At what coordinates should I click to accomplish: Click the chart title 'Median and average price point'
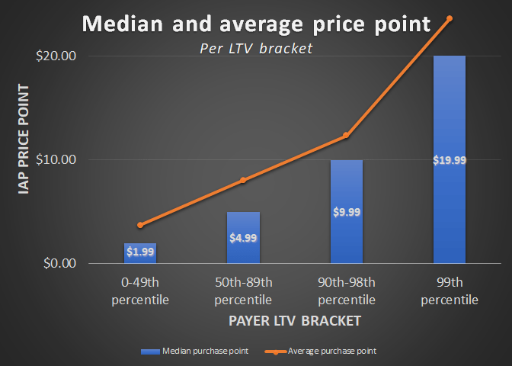256,24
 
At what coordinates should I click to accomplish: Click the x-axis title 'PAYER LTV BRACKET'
294,321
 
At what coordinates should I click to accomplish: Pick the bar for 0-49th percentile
140,254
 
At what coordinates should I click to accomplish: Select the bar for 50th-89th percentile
243,238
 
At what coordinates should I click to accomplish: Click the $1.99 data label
140,252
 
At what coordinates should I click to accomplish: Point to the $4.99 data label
243,237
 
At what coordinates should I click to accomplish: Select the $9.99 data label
346,211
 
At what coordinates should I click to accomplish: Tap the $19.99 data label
449,159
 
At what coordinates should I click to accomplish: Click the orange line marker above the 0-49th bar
140,225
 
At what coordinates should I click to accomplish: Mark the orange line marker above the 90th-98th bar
346,136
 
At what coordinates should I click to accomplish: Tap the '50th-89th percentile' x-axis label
243,291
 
